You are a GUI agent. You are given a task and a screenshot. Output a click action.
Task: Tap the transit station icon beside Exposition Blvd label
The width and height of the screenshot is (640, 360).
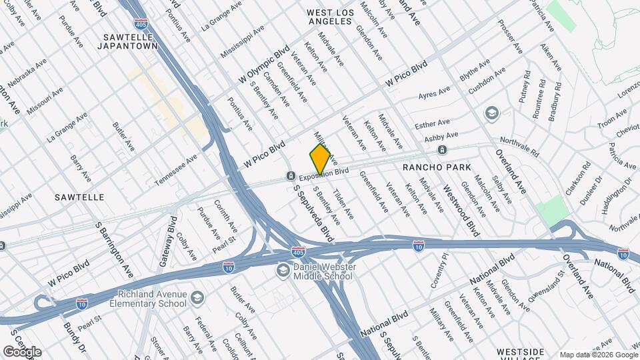pos(291,176)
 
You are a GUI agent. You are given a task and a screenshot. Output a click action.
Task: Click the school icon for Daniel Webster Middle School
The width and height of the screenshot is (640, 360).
pos(283,271)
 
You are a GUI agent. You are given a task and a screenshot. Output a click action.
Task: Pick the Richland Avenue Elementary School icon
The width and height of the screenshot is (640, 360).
pos(197,297)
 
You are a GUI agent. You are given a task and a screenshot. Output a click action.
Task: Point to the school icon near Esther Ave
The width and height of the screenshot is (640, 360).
pos(492,113)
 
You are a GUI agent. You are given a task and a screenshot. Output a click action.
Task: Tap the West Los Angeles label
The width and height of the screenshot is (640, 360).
pos(329,17)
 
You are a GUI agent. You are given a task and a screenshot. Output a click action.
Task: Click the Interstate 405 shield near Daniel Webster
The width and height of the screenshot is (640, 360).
pos(299,253)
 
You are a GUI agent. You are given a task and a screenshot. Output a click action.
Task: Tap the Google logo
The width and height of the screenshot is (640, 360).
pos(22,352)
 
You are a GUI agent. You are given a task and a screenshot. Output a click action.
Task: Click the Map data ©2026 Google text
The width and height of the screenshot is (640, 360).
pos(598,354)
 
